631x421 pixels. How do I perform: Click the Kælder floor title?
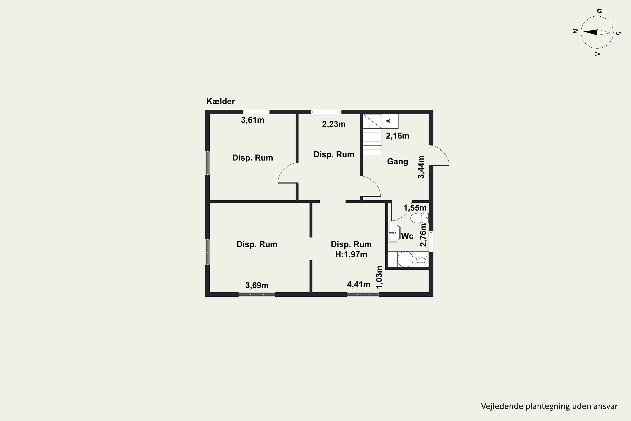(220, 101)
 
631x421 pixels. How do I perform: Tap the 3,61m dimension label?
(252, 120)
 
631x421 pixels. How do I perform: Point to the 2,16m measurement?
(397, 136)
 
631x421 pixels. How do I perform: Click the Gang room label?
(398, 161)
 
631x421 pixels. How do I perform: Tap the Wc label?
(407, 236)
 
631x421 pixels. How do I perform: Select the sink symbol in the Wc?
(394, 233)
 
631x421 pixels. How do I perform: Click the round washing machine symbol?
(405, 259)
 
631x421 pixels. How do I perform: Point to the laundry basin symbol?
(421, 259)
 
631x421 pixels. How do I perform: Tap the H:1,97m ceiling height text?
(351, 254)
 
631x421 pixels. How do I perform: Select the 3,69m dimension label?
(257, 285)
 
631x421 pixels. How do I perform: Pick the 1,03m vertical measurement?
(379, 277)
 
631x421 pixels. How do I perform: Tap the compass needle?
(597, 32)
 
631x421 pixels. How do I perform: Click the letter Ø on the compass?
(600, 11)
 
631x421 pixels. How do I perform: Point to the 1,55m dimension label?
(415, 208)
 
